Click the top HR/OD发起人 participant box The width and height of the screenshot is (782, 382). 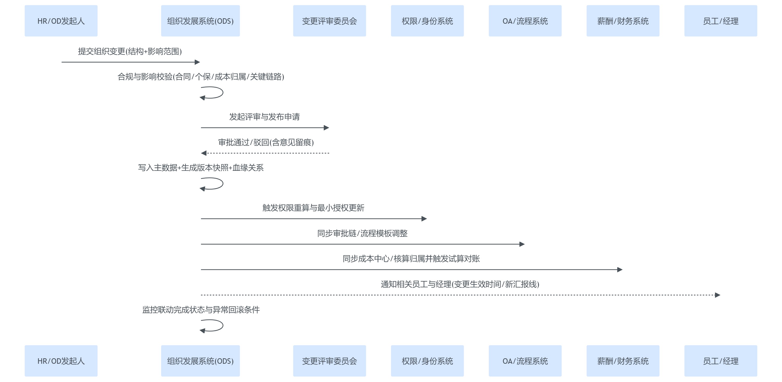pos(61,21)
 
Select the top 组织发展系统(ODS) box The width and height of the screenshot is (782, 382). pos(200,21)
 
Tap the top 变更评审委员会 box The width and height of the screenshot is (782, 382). pos(329,21)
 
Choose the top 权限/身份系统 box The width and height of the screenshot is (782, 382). pos(427,21)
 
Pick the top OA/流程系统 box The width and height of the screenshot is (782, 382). pos(525,21)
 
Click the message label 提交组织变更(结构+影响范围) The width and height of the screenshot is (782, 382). pos(130,51)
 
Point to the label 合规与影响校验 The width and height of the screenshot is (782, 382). pos(201,76)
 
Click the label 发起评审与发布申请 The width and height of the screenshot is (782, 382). pos(264,117)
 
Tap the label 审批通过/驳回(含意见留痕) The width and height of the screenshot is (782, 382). pos(266,142)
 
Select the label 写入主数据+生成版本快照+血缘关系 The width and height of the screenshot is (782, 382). pos(201,168)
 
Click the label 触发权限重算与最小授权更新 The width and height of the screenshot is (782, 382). pos(313,208)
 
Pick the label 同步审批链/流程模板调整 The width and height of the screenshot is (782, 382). pos(362,233)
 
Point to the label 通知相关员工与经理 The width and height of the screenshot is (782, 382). pos(460,284)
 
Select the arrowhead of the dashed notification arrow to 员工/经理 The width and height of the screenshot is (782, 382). pos(717,295)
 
